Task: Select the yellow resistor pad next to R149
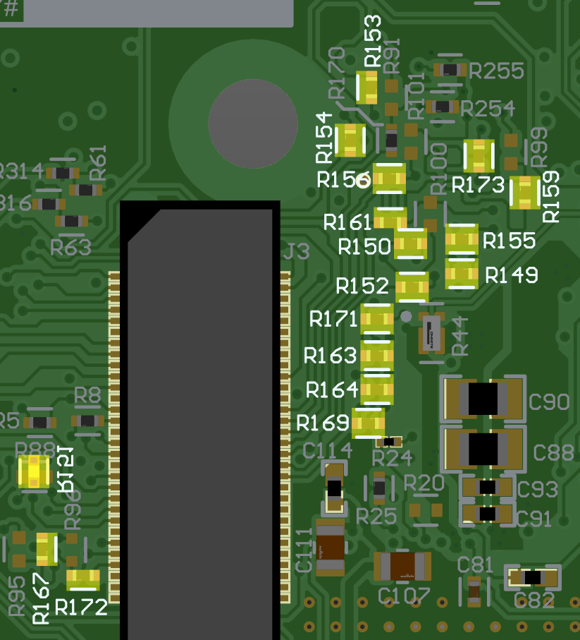(462, 274)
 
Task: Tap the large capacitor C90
(483, 399)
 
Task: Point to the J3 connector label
(296, 252)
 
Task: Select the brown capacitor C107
(402, 566)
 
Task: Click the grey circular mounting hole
(252, 123)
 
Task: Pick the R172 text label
(81, 607)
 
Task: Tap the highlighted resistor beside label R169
(368, 423)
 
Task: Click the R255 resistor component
(450, 69)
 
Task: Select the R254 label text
(488, 109)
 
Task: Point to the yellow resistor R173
(479, 156)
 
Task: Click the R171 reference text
(333, 320)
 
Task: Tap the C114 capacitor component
(334, 488)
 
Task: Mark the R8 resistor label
(87, 396)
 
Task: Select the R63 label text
(70, 248)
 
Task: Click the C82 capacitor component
(533, 578)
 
